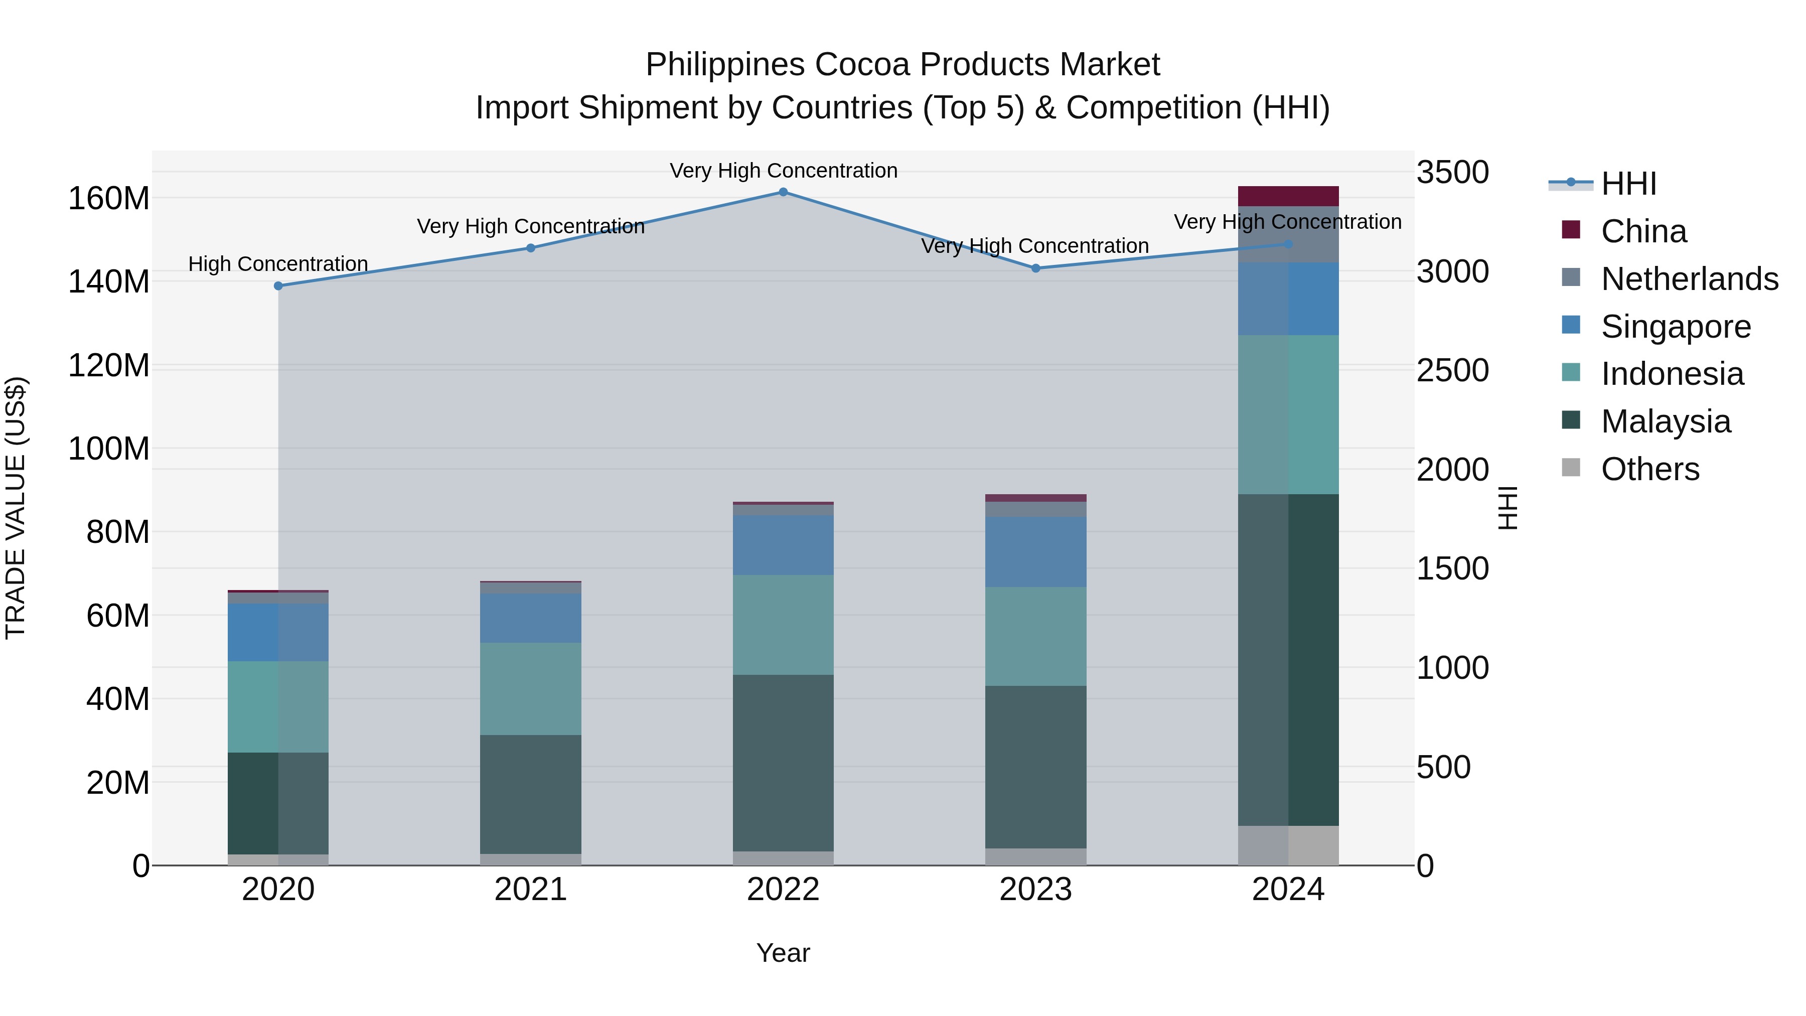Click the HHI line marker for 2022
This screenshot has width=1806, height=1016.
point(783,192)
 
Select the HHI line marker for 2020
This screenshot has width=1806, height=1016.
point(278,286)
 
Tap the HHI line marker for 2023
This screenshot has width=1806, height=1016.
point(1035,268)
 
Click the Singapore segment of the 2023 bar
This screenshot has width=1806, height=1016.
point(1035,552)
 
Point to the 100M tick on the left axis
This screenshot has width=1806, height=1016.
point(109,449)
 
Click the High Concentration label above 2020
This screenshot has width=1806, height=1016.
point(278,264)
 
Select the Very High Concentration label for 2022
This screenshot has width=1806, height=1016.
point(783,171)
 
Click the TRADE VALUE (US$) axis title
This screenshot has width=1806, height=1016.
point(16,508)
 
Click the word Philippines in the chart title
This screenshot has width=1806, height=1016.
point(725,65)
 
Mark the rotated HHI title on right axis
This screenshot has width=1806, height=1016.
point(1508,508)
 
